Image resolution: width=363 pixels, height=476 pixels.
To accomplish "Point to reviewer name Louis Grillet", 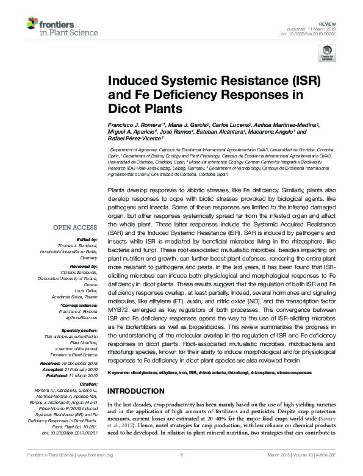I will (x=87, y=283).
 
